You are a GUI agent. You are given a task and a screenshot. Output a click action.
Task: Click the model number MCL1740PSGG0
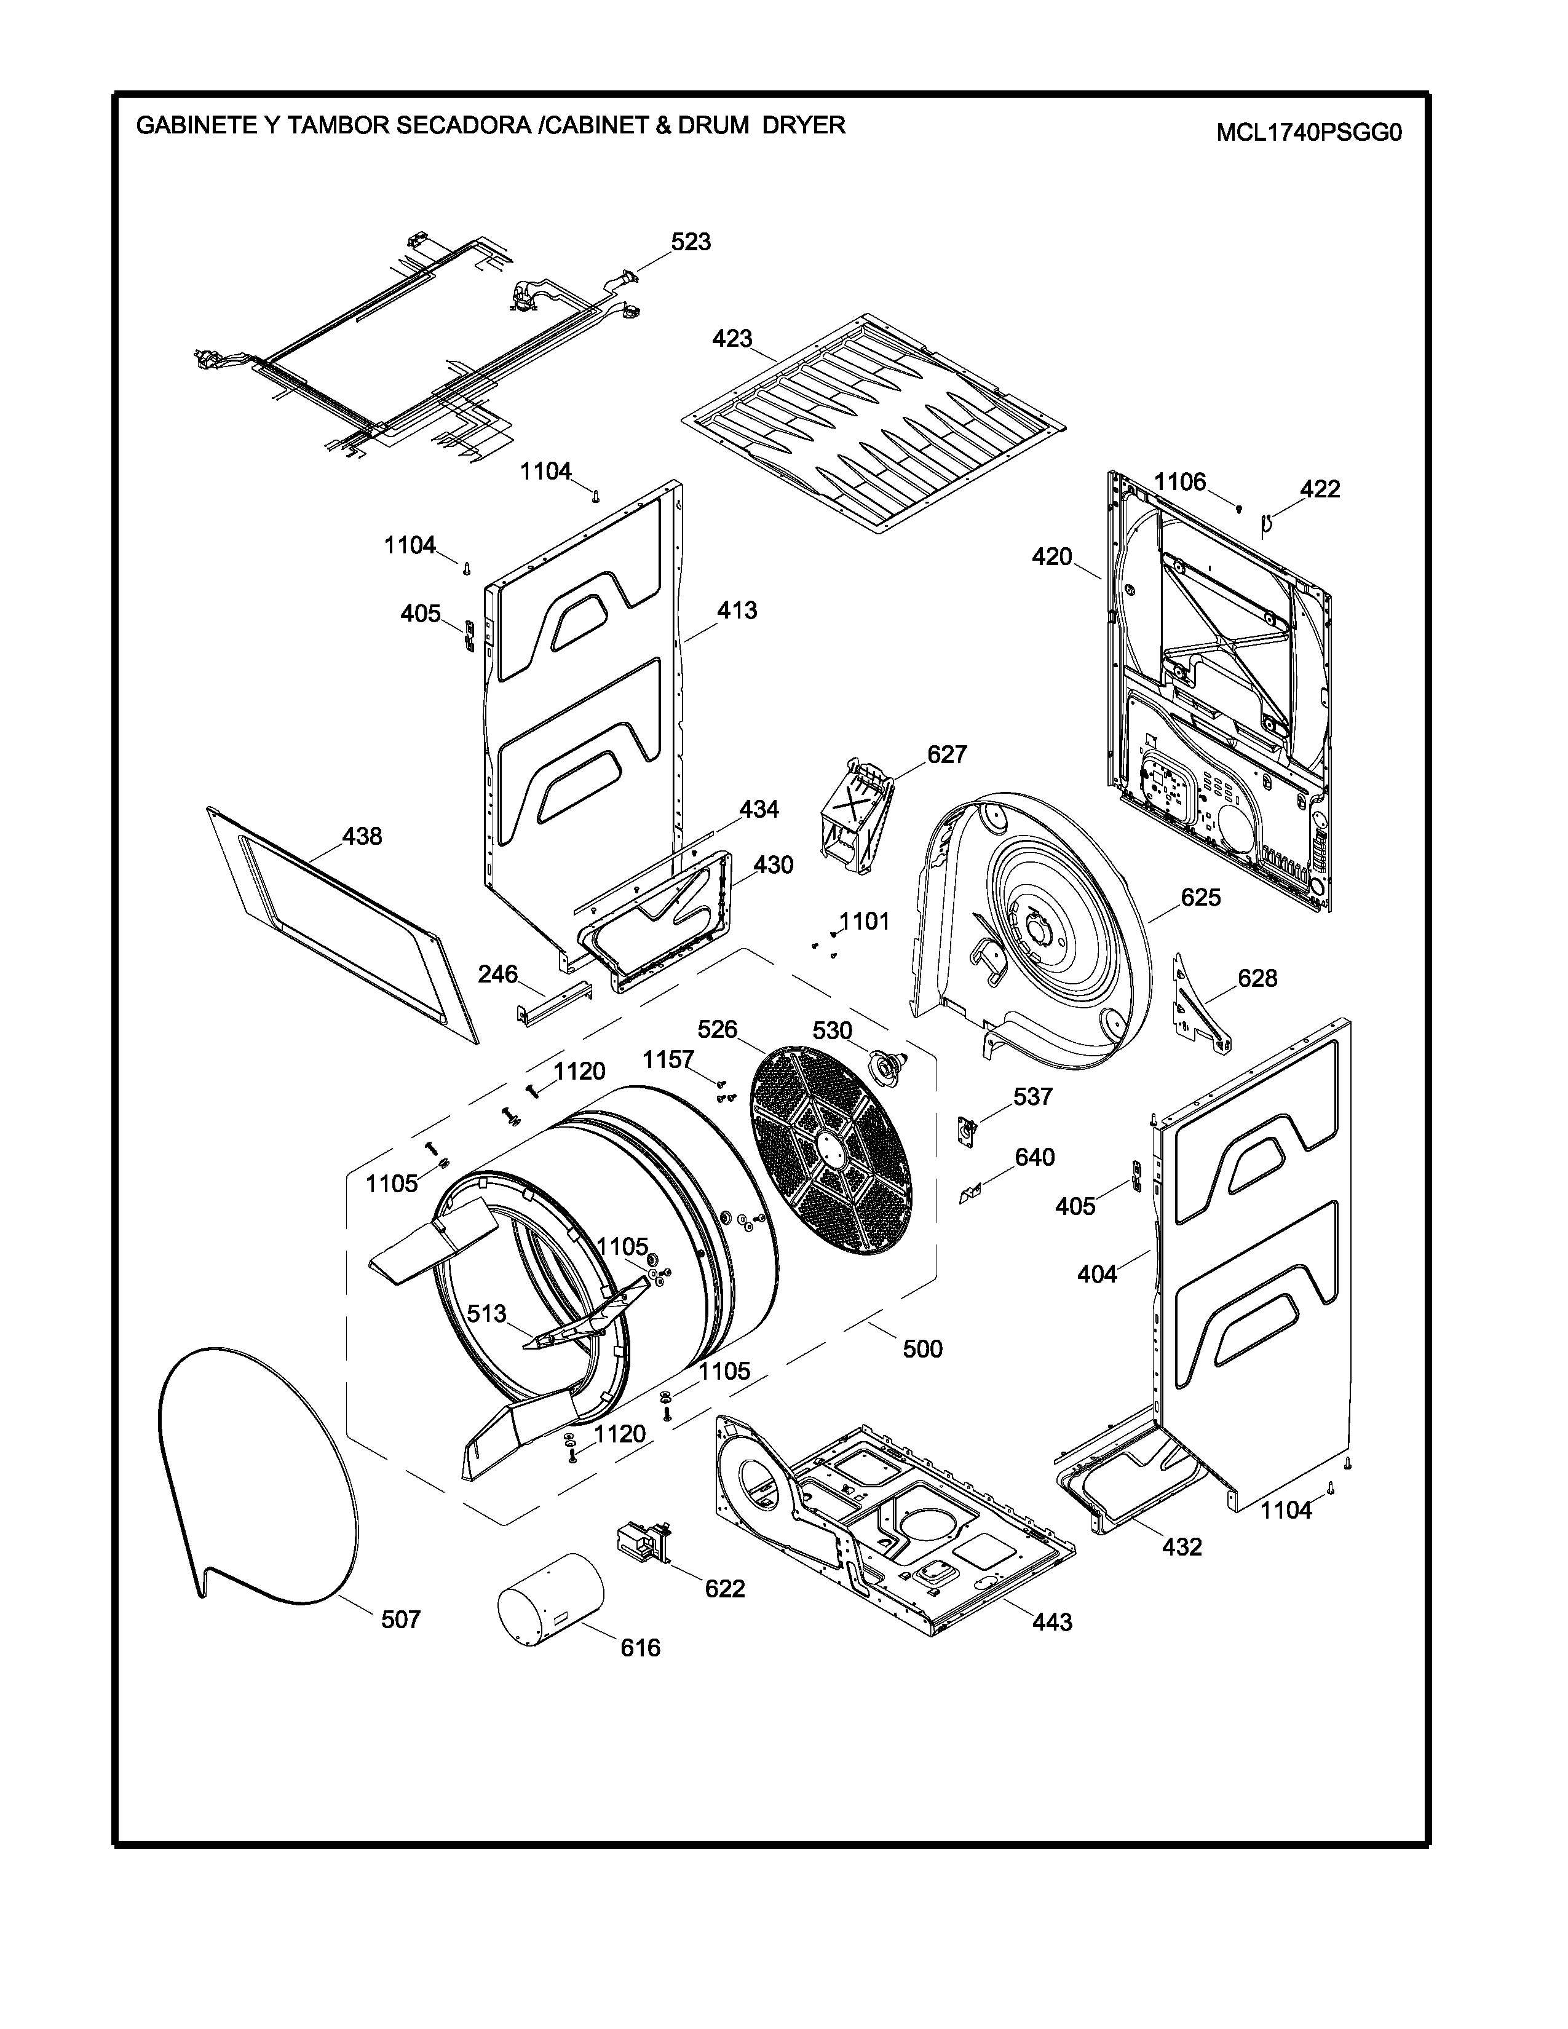point(1308,133)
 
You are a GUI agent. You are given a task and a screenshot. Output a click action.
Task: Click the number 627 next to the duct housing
point(946,754)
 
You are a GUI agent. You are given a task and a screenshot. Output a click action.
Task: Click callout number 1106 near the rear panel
point(1180,481)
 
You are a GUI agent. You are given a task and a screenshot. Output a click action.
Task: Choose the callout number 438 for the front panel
point(362,837)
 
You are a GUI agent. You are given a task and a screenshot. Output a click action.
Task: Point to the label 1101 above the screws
point(864,922)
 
